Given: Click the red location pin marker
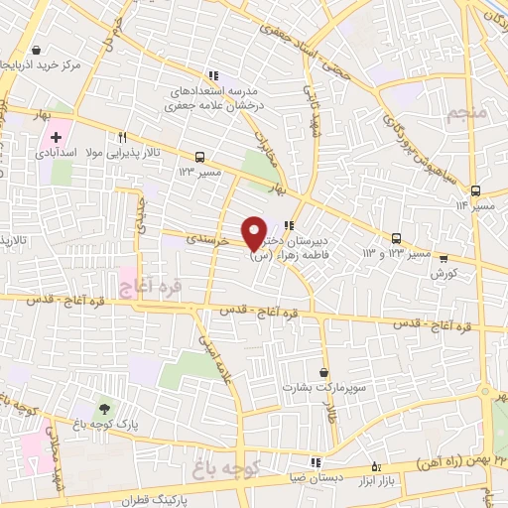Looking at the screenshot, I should coord(255,232).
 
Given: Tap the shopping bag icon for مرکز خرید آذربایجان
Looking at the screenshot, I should coord(37,50).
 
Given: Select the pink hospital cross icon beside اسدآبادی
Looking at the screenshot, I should coord(56,138).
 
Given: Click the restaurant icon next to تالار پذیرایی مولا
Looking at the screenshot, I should coord(122,138).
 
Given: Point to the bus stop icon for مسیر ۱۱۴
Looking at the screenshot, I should coord(475,190).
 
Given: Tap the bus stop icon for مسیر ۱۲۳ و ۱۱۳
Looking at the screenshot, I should coord(397,238).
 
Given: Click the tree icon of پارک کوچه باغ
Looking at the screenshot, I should coord(104,408).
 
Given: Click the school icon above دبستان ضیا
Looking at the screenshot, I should coord(317,461).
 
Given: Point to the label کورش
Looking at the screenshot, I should coord(444,273).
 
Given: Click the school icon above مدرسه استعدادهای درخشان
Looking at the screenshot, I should coord(211,74).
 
